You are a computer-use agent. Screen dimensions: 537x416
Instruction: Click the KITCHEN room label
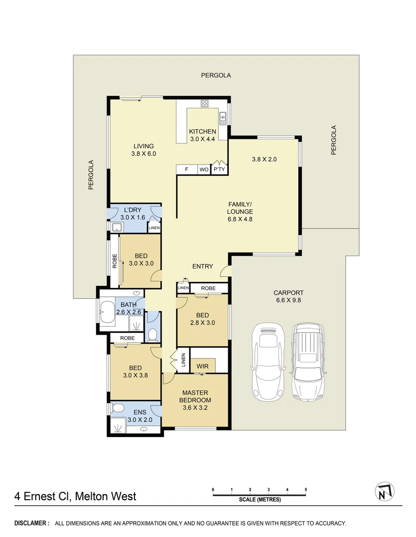pyautogui.click(x=202, y=131)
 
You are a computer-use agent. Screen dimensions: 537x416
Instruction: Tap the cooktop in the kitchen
pyautogui.click(x=204, y=103)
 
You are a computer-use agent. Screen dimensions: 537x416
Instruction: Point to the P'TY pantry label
pyautogui.click(x=219, y=170)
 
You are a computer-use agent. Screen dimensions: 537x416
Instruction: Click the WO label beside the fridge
pyautogui.click(x=204, y=170)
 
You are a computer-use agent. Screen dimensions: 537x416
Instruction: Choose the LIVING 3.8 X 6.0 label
pyautogui.click(x=143, y=150)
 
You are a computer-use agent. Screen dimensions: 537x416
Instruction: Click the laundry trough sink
pyautogui.click(x=117, y=228)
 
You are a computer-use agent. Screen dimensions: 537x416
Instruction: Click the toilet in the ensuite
pyautogui.click(x=118, y=408)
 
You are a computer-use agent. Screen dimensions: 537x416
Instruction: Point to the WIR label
pyautogui.click(x=202, y=366)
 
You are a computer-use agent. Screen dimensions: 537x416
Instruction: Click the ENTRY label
pyautogui.click(x=202, y=267)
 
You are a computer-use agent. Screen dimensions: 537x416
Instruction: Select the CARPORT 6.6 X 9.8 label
pyautogui.click(x=288, y=296)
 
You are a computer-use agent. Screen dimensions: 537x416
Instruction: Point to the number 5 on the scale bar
pyautogui.click(x=305, y=490)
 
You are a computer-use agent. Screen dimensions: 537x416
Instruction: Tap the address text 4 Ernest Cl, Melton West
pyautogui.click(x=75, y=496)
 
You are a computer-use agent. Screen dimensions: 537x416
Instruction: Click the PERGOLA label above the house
pyautogui.click(x=216, y=76)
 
